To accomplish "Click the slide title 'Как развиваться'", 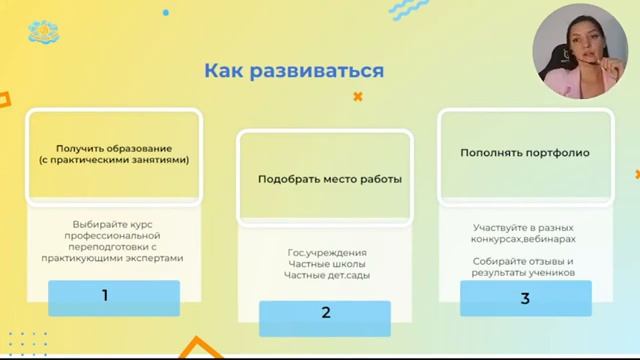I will coord(294,71).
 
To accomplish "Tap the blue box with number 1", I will coord(113,296).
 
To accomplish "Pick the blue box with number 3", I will coord(525,298).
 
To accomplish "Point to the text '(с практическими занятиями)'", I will coord(113,160).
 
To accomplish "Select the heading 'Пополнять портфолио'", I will coord(524,153).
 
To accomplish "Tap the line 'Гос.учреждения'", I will coord(326,253).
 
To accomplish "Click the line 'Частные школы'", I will coord(326,264).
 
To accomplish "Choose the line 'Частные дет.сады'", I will coord(326,275).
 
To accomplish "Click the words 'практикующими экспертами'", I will coord(113,258).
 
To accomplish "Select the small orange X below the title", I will coord(358,97).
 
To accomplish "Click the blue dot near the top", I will coord(166,13).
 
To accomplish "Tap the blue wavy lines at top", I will coord(409,9).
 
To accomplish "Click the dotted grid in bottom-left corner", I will coord(25,341).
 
